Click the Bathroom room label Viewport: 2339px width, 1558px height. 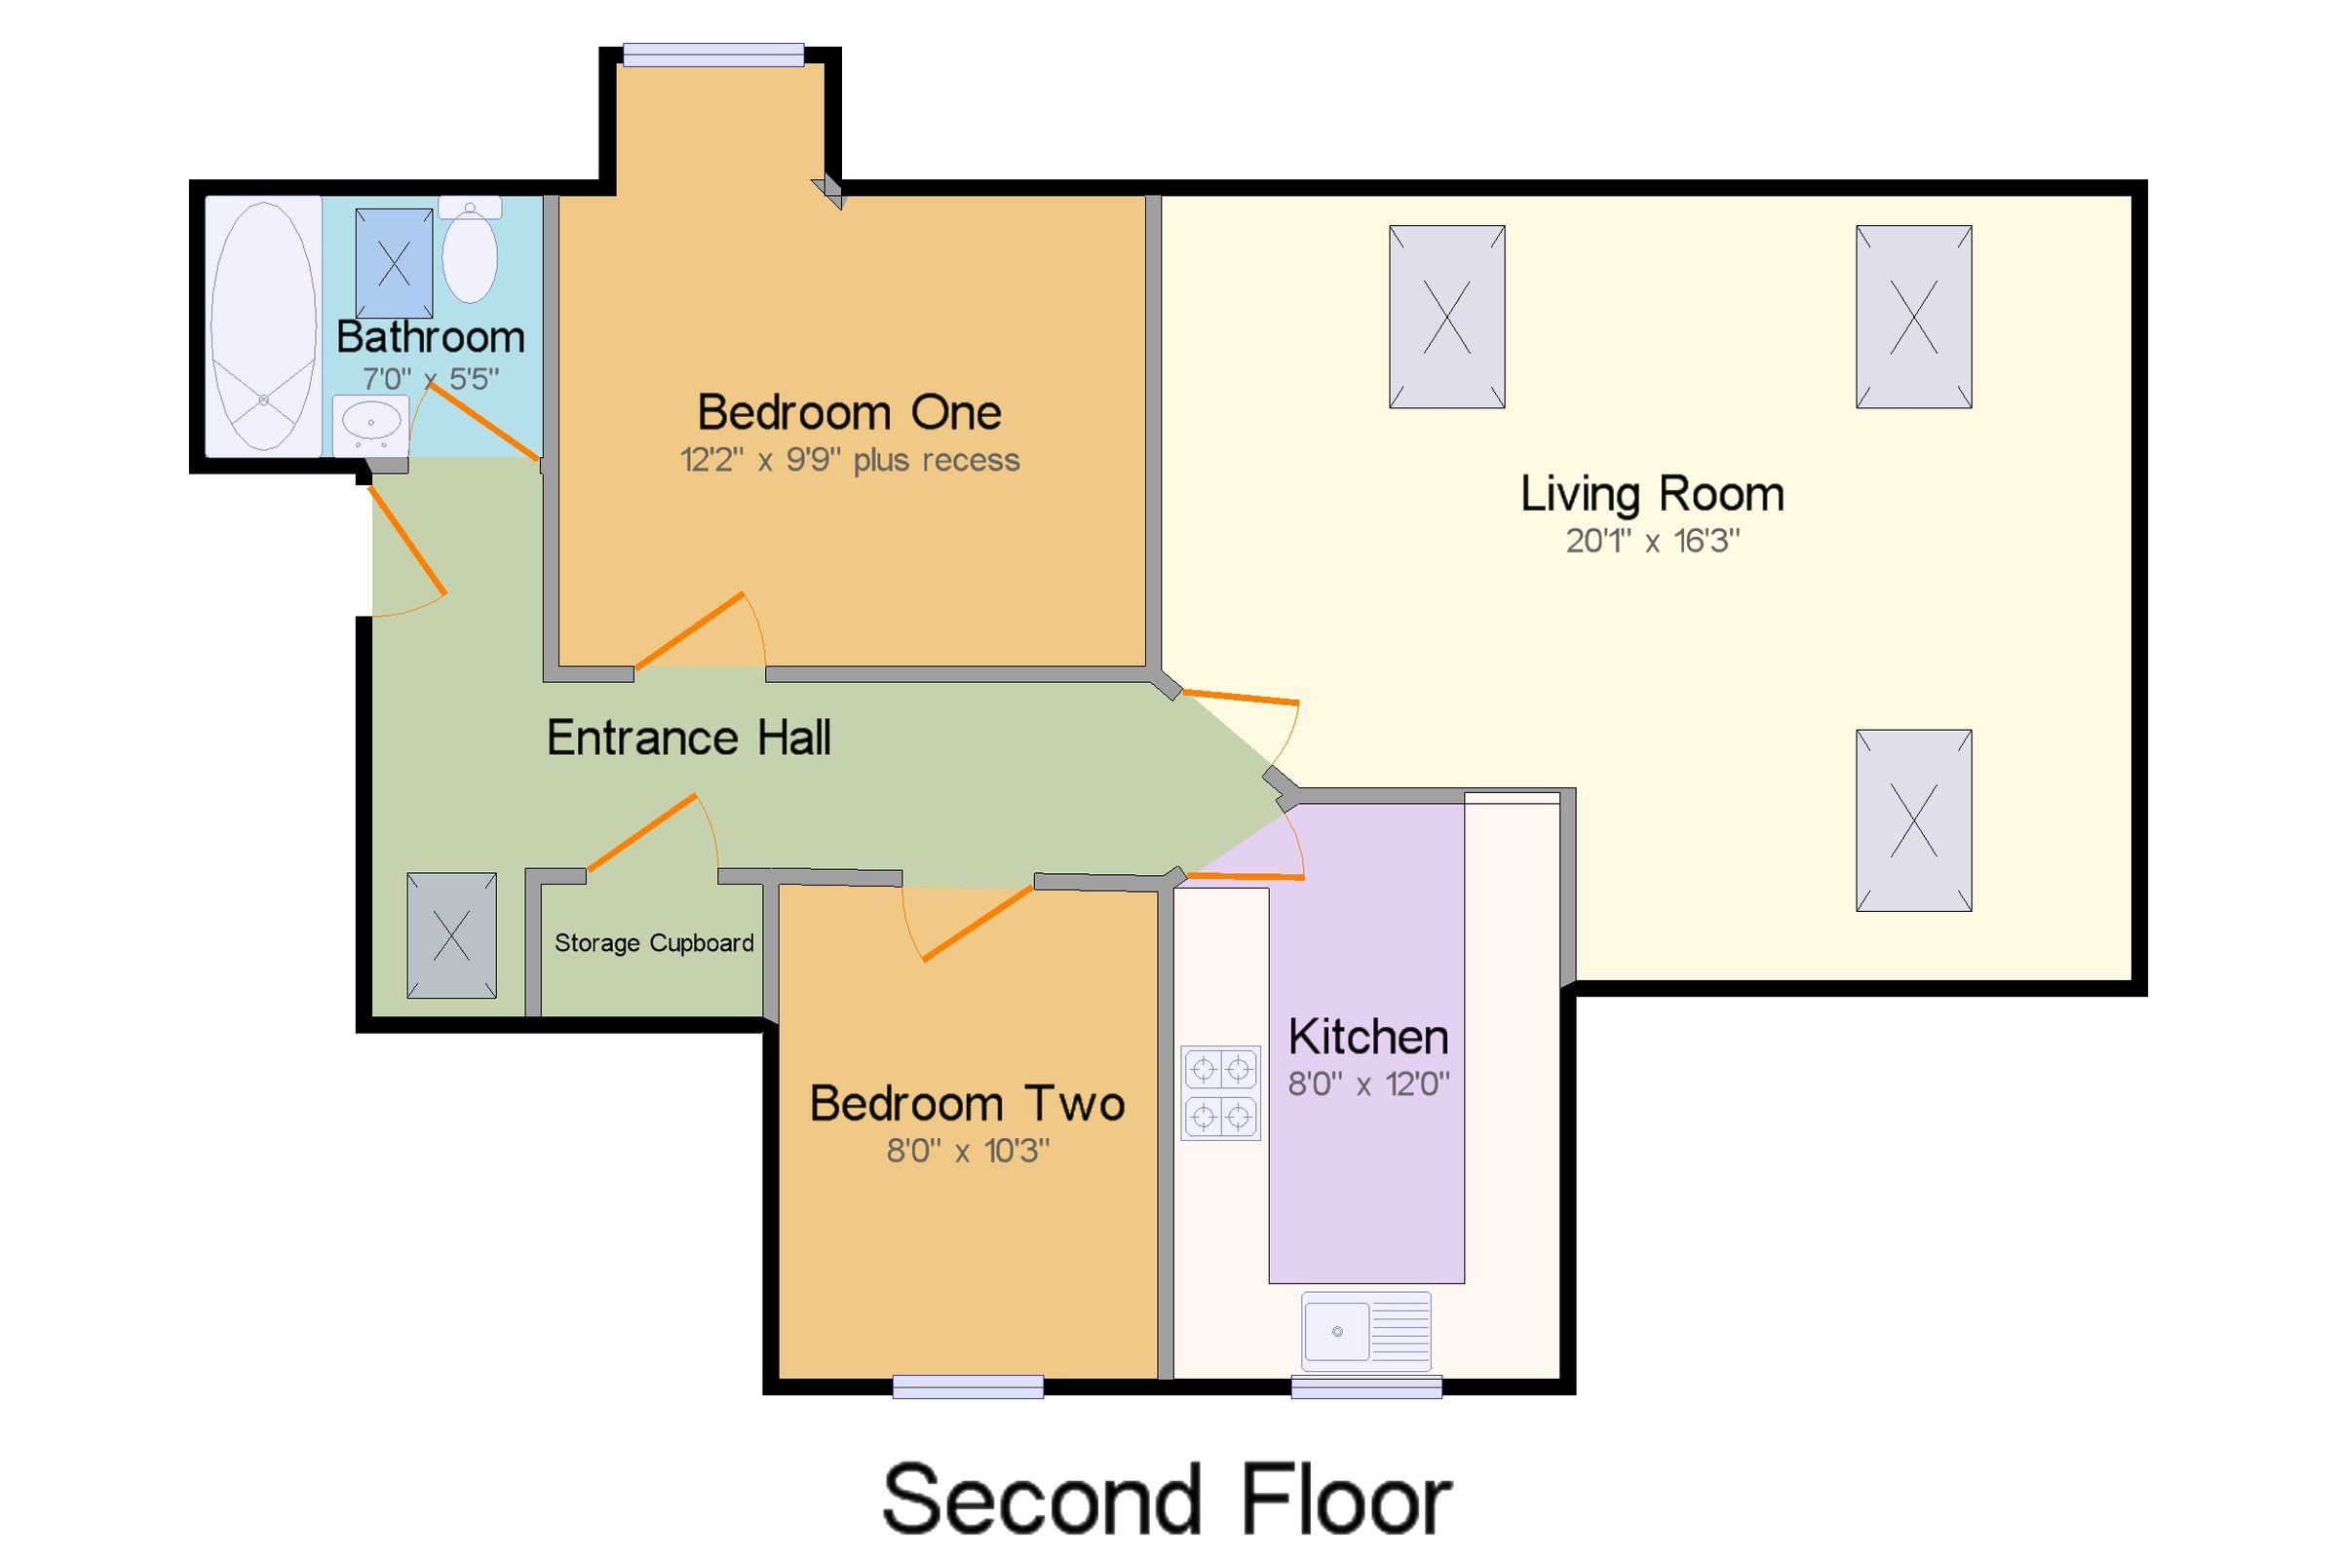tap(430, 338)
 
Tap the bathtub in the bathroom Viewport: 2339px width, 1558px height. tap(263, 325)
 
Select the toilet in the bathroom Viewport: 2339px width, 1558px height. tap(469, 252)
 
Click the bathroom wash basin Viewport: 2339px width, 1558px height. tap(370, 424)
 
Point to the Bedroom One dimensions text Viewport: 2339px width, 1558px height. tap(849, 460)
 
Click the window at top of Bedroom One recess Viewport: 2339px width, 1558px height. tap(712, 55)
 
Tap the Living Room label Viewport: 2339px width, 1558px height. tap(1651, 494)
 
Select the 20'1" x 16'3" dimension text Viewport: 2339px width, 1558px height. tap(1651, 542)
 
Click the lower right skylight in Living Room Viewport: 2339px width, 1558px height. tap(1913, 820)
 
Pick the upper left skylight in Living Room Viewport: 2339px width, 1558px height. tap(1445, 317)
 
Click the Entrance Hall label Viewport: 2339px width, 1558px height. tap(689, 739)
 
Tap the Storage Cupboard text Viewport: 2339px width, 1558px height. tap(653, 943)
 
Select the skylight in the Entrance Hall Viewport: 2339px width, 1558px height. tap(451, 935)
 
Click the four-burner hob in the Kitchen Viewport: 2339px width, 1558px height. tap(1220, 1093)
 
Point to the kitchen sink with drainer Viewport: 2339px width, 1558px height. tap(1365, 1330)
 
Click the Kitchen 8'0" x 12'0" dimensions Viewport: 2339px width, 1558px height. tap(1367, 1084)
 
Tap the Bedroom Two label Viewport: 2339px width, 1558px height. tap(966, 1104)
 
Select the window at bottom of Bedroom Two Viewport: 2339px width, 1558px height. tap(967, 1387)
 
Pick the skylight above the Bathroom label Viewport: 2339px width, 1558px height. tap(394, 263)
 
